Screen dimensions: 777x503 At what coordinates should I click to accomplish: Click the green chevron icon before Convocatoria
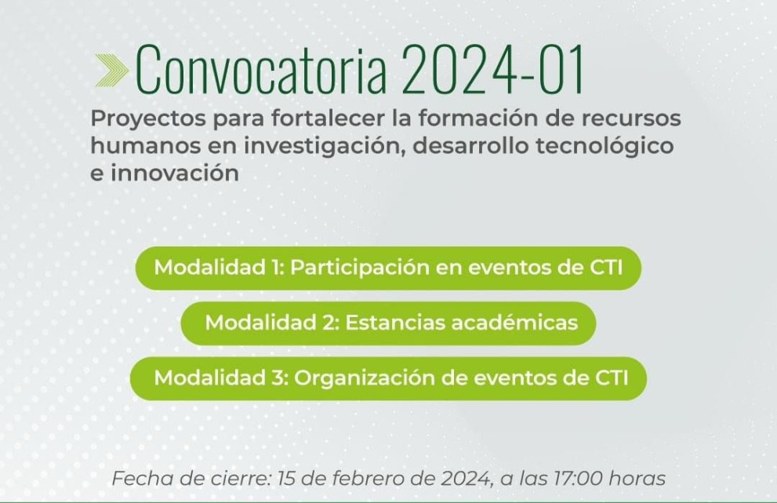111,71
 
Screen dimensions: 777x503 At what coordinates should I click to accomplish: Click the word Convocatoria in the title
260,70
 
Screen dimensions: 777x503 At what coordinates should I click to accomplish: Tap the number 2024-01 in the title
493,70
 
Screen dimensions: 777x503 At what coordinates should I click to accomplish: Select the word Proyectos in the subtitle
147,119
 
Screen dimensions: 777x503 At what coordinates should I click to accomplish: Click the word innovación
174,173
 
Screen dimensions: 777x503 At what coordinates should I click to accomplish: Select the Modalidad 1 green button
388,268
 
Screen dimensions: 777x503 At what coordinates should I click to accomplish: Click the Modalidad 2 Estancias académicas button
388,323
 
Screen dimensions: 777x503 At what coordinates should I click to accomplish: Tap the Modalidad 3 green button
388,378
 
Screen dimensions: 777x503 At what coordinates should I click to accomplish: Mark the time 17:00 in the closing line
579,479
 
